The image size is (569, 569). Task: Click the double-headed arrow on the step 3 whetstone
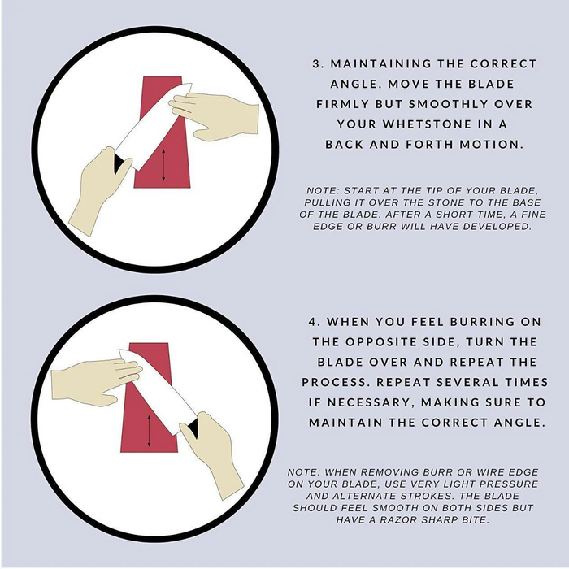pos(163,165)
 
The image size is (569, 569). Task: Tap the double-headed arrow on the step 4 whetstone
pos(149,431)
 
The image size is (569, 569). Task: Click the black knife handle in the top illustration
pos(119,163)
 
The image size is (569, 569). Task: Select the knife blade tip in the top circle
pos(191,84)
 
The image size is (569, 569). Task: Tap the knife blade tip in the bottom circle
pos(120,351)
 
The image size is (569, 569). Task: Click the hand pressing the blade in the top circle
pos(214,115)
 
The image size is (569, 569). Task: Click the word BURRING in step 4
pos(482,322)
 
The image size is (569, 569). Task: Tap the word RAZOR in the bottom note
pos(397,520)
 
